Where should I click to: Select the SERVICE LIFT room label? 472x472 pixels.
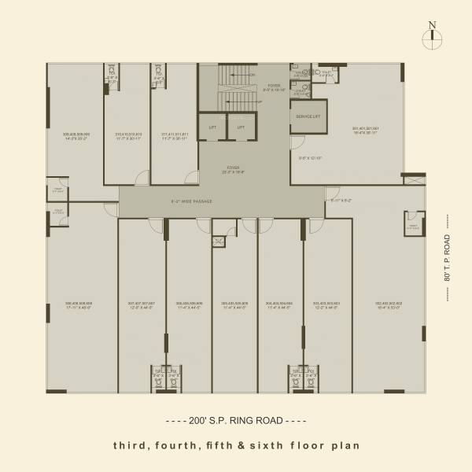(x=308, y=116)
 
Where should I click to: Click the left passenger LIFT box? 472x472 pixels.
(x=212, y=127)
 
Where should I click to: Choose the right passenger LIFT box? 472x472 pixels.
(x=241, y=127)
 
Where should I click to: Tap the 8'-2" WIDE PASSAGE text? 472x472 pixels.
(x=192, y=201)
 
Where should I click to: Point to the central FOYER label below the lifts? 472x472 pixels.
(x=234, y=169)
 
